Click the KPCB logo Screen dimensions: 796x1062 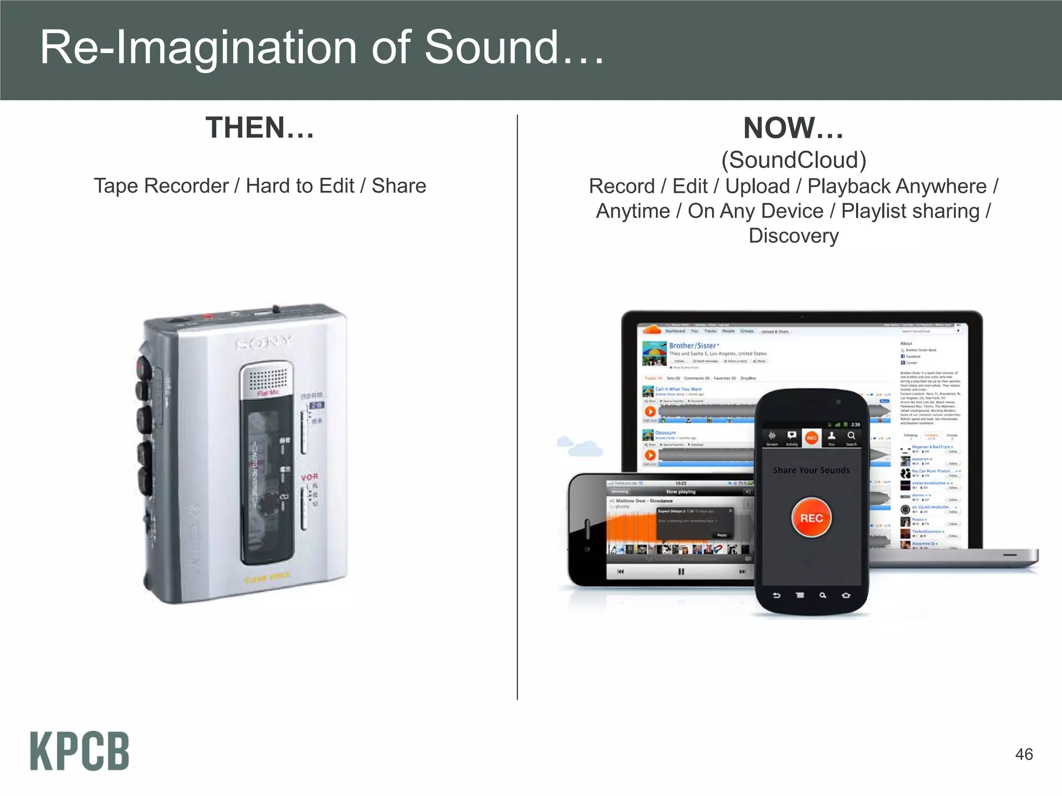pyautogui.click(x=79, y=751)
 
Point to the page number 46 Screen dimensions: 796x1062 pyautogui.click(x=1024, y=754)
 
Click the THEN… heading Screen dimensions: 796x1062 pyautogui.click(x=260, y=127)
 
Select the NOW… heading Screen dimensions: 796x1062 pyautogui.click(x=793, y=128)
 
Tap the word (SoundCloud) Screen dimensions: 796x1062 pyautogui.click(x=793, y=160)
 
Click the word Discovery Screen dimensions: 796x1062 pyautogui.click(x=793, y=236)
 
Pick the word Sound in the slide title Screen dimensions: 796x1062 pyautogui.click(x=492, y=47)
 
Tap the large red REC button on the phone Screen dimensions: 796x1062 pyautogui.click(x=812, y=518)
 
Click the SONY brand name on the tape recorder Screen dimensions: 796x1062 pyautogui.click(x=264, y=342)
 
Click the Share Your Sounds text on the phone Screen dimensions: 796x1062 pyautogui.click(x=812, y=470)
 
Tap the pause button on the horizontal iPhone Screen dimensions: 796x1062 pyautogui.click(x=681, y=572)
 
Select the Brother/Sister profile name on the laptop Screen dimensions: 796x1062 pyautogui.click(x=693, y=346)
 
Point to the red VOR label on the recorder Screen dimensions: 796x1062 pyautogui.click(x=310, y=477)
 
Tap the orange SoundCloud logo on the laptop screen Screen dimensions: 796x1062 pyautogui.click(x=652, y=330)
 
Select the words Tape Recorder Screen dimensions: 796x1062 pyautogui.click(x=161, y=186)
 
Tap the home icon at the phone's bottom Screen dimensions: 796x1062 pyautogui.click(x=846, y=595)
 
